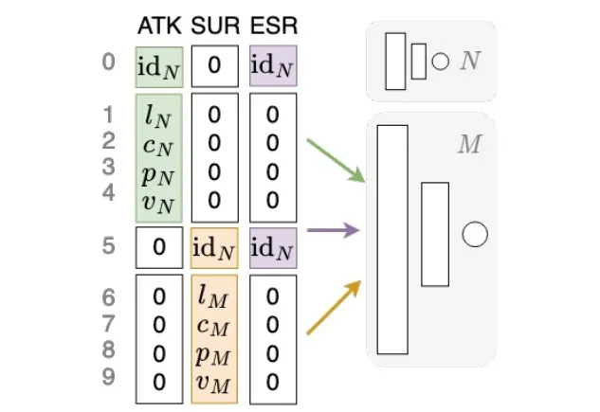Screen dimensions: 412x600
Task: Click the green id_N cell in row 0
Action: pyautogui.click(x=158, y=66)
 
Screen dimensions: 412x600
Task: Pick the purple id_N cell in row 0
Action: pyautogui.click(x=273, y=66)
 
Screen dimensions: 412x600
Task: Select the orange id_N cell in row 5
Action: pyautogui.click(x=214, y=247)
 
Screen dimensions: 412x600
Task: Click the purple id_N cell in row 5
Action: pyautogui.click(x=273, y=247)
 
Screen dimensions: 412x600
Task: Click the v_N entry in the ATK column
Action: pyautogui.click(x=158, y=199)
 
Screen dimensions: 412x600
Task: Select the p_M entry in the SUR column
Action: pyautogui.click(x=214, y=353)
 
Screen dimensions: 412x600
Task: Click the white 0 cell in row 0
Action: pyautogui.click(x=214, y=66)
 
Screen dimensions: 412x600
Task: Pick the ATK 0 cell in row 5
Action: pyautogui.click(x=158, y=247)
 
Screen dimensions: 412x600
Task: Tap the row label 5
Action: pyautogui.click(x=109, y=246)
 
